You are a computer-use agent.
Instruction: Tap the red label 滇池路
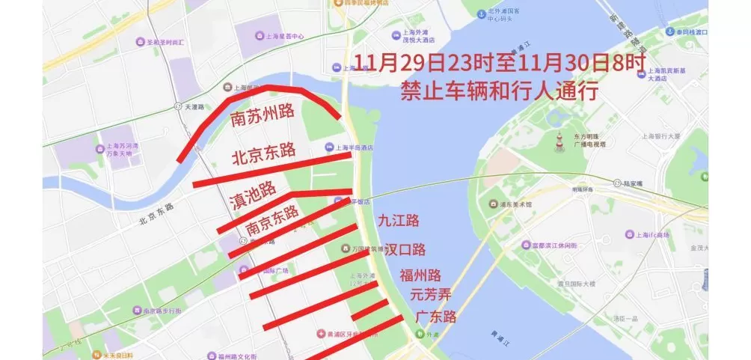[251, 194]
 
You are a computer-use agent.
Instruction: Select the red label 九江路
[399, 220]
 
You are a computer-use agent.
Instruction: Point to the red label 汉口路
[405, 248]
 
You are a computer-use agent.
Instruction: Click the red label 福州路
[420, 275]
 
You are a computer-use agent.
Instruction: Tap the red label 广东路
[436, 316]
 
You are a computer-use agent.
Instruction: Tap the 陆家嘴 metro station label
[628, 183]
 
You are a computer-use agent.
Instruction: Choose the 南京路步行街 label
[158, 310]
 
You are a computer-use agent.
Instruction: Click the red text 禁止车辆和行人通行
[499, 91]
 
